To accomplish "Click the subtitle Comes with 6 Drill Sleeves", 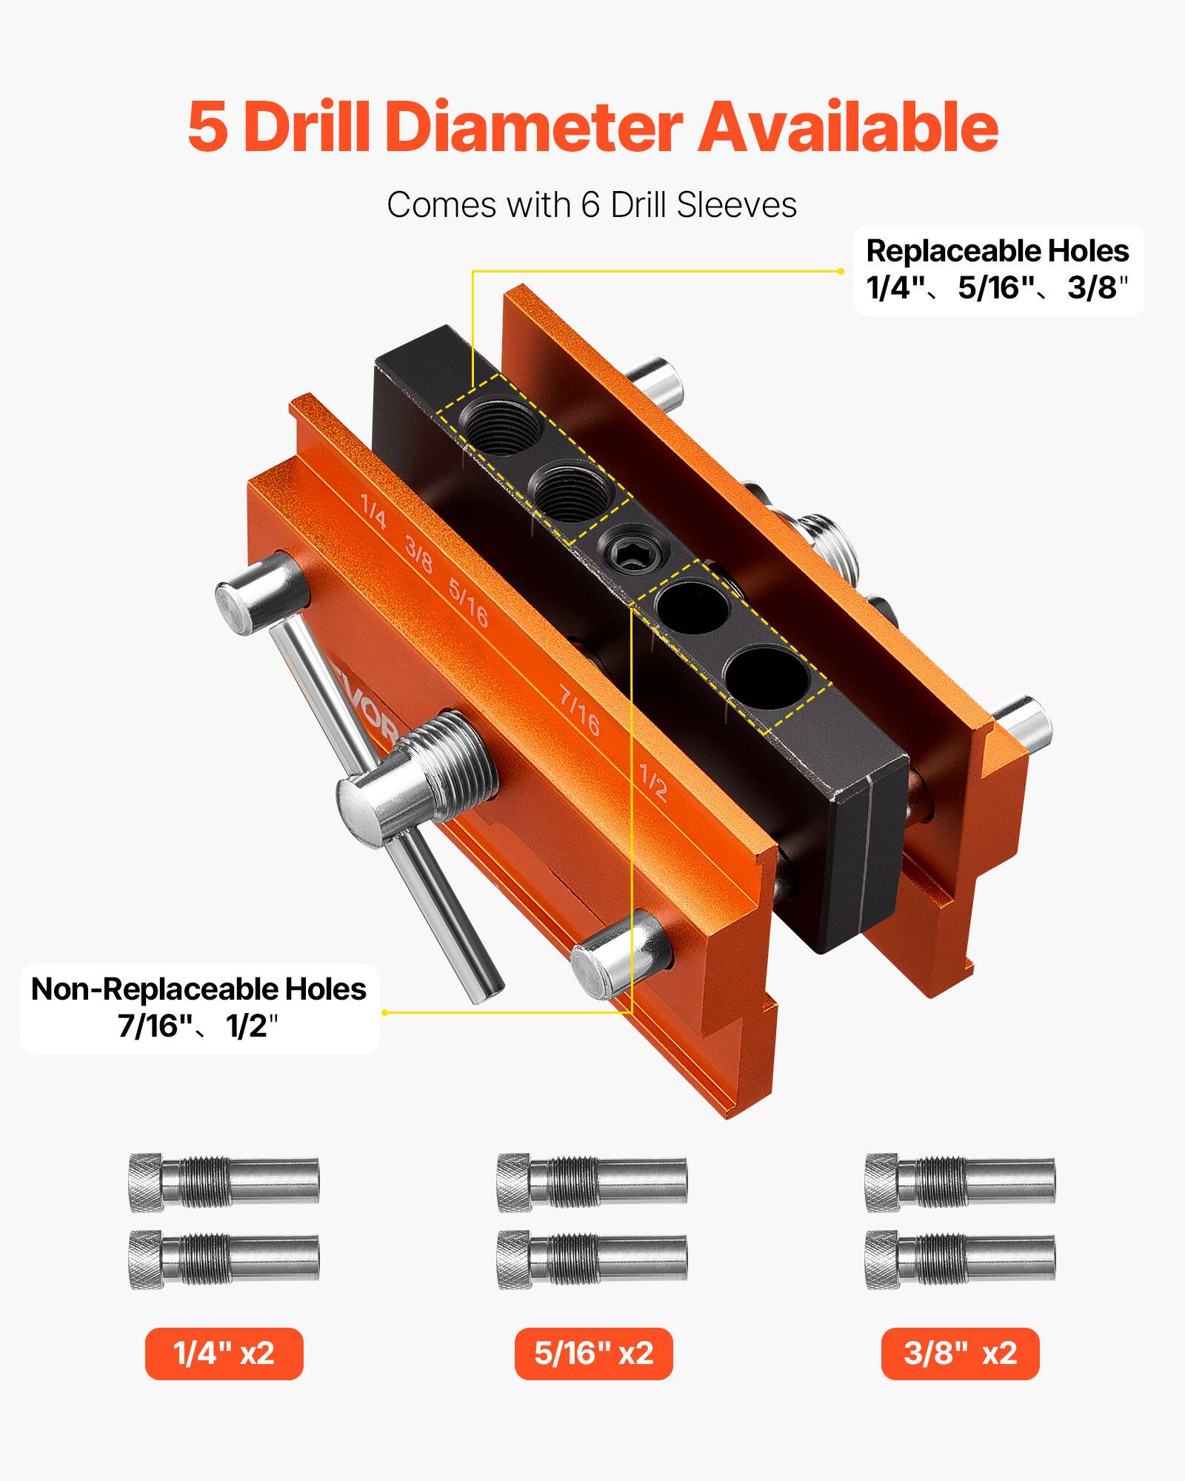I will tap(591, 205).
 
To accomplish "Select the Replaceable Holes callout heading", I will tap(997, 251).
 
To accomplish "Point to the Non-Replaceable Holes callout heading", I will tap(198, 989).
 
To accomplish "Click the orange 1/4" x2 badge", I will tap(224, 1354).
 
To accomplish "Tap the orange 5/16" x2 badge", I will tap(593, 1354).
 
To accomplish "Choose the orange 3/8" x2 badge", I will tap(960, 1354).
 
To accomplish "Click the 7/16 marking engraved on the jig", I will tap(579, 711).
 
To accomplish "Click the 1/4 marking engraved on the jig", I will tap(373, 512).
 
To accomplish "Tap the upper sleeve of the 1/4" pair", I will tap(224, 1183).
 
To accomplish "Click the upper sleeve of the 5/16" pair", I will tap(592, 1183).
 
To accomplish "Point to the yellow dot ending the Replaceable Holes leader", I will tap(841, 271).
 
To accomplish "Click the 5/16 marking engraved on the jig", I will tap(468, 602).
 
